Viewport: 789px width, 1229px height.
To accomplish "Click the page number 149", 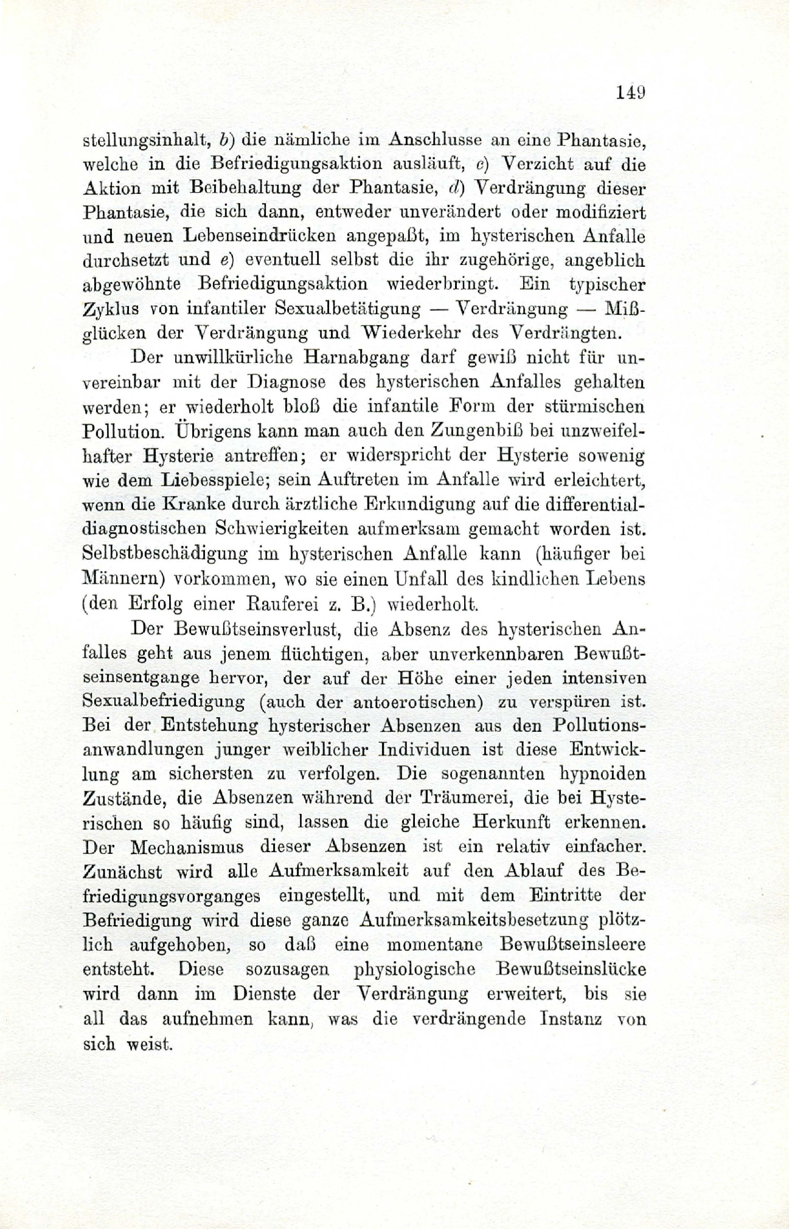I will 630,93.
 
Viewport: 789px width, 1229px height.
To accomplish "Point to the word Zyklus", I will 107,309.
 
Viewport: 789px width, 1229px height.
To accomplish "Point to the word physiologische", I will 414,969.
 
